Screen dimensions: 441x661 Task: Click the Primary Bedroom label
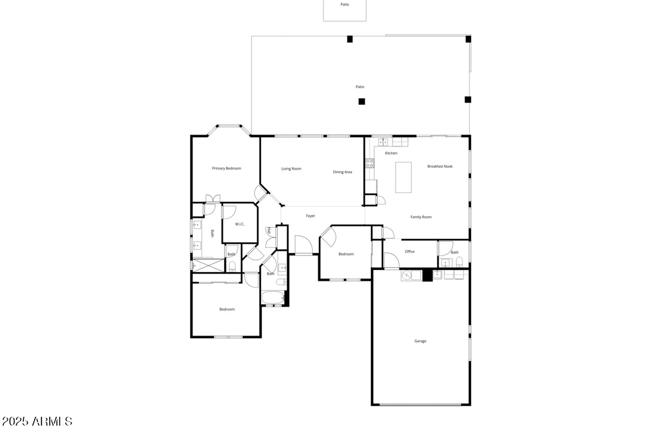[x=226, y=168]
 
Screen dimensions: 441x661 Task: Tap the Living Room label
[x=291, y=169]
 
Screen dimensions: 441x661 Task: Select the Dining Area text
[x=342, y=172]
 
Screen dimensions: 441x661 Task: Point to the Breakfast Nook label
[x=440, y=166]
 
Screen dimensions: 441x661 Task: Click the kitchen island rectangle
[x=404, y=177]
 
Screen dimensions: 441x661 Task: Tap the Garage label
[x=420, y=341]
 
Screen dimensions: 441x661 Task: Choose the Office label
[x=409, y=252]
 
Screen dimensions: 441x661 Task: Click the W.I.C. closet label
[x=240, y=224]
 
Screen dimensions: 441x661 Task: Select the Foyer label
[x=310, y=216]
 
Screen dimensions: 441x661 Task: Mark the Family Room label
[x=421, y=217]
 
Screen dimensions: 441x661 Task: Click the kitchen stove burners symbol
[x=369, y=163]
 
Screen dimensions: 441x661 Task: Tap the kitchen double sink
[x=383, y=142]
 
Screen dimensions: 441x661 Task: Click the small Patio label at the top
[x=345, y=5]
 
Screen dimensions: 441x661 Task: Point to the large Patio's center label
[x=360, y=87]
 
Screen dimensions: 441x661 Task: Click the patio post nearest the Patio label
[x=362, y=102]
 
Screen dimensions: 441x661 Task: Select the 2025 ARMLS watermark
[x=37, y=421]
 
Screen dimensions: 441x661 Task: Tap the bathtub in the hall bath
[x=273, y=297]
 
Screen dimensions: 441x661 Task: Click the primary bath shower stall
[x=208, y=265]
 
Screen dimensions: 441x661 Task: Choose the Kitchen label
[x=391, y=153]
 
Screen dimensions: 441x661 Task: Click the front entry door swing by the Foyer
[x=303, y=245]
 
